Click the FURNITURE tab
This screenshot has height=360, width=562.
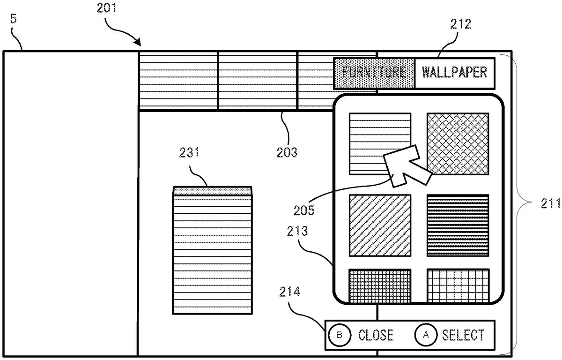tap(374, 73)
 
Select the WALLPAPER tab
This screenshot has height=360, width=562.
tap(455, 73)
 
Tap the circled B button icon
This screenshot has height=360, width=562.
tap(340, 335)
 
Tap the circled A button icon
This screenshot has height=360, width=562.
tap(426, 335)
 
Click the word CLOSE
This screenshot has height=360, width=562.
tap(376, 335)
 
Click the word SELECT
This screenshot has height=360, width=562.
tap(463, 335)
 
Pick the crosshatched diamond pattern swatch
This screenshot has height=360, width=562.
tap(458, 144)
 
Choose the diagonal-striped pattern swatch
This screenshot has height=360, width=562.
tap(380, 225)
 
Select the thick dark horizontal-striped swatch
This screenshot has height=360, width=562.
tap(458, 225)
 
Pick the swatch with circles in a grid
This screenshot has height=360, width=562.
tap(380, 285)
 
